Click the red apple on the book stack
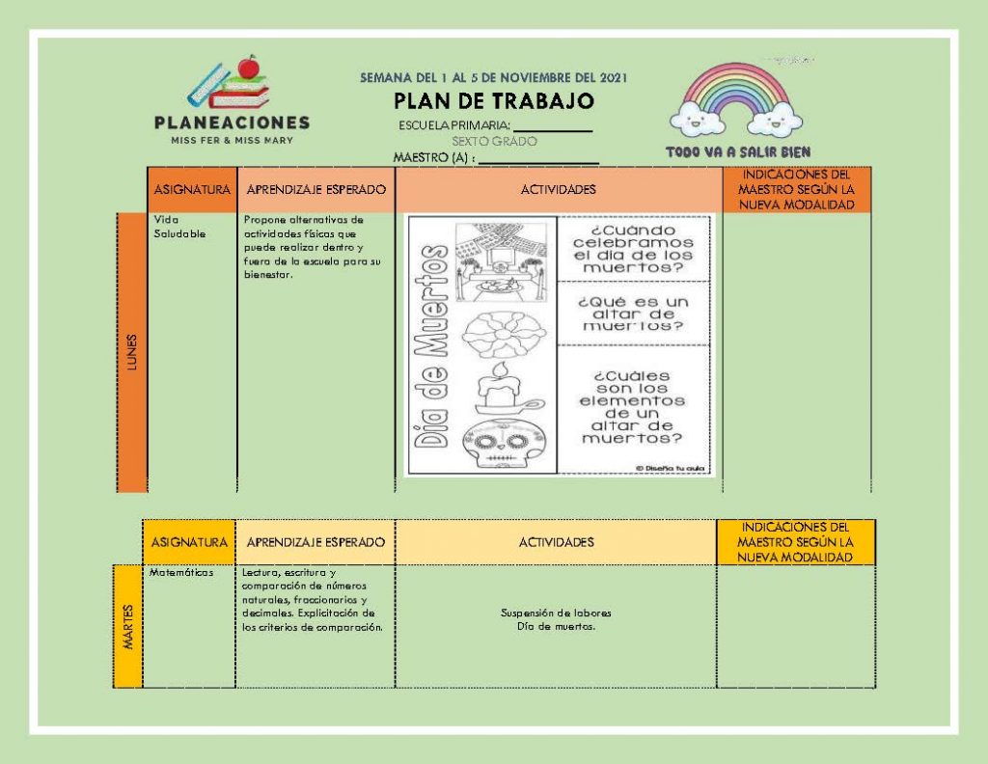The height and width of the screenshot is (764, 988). [250, 66]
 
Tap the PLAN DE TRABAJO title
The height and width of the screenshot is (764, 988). [494, 100]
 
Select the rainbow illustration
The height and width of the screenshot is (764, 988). [736, 99]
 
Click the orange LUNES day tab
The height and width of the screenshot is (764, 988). [131, 352]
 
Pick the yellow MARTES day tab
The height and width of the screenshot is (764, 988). [128, 626]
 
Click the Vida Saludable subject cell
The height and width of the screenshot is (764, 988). [179, 226]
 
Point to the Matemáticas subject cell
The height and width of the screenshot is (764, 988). [181, 573]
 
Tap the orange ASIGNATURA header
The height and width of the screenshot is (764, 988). [192, 190]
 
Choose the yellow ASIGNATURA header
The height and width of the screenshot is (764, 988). [189, 542]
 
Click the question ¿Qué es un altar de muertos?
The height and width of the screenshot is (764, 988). [633, 314]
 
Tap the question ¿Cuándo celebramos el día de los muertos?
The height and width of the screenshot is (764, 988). [633, 249]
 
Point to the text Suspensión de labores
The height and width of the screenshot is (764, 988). [556, 613]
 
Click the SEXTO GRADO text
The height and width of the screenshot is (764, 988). [495, 142]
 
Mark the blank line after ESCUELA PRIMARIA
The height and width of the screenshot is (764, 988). [553, 131]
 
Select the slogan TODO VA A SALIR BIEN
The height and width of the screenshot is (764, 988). [738, 151]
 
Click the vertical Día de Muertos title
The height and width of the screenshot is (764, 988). [431, 345]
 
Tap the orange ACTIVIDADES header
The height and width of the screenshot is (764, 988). [559, 190]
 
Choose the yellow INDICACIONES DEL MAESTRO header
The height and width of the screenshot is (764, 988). [795, 542]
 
